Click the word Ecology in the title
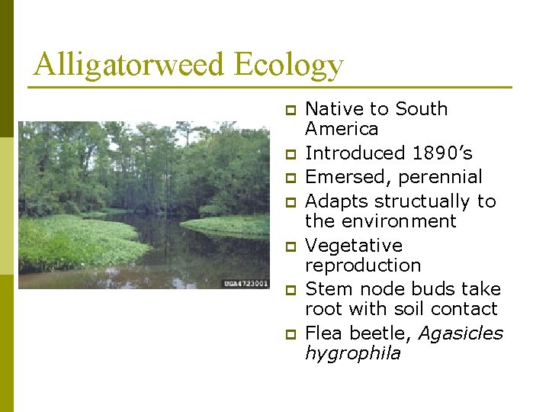point(289,66)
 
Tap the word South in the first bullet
point(421,109)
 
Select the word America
point(342,129)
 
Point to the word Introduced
point(355,153)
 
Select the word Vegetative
point(353,246)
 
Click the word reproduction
point(363,266)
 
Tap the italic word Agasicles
point(461,333)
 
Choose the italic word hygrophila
point(352,353)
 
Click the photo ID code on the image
point(246,283)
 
